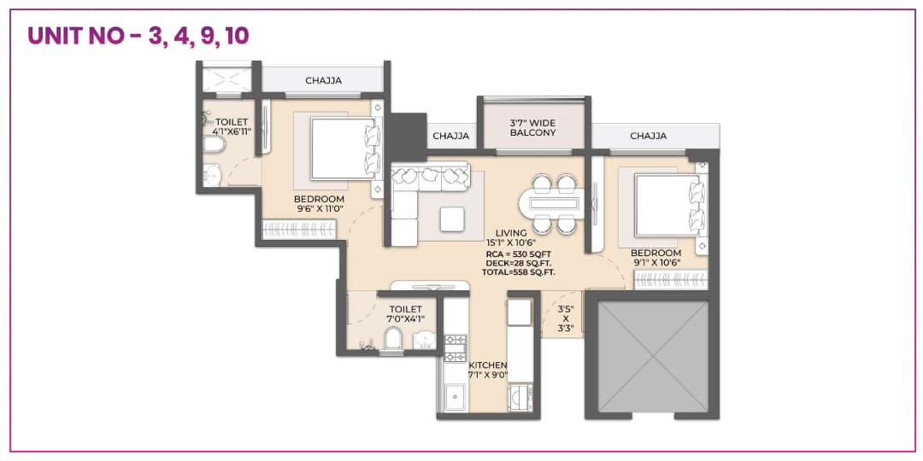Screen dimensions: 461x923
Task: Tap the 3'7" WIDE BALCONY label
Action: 532,127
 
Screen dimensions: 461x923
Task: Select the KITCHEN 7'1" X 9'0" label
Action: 487,370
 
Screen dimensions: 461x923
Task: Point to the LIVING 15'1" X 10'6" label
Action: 511,237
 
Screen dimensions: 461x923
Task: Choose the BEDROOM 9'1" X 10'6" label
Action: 656,258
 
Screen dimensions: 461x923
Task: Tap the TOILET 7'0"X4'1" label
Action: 407,313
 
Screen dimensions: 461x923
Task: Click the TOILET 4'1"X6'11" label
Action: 232,126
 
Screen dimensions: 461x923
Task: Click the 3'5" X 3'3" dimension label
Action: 565,318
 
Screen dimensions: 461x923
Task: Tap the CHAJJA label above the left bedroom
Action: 323,81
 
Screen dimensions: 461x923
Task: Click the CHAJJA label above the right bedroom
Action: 648,136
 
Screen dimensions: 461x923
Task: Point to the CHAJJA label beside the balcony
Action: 450,136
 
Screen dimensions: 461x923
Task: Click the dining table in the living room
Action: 554,203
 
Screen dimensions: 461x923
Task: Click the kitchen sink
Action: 454,397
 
